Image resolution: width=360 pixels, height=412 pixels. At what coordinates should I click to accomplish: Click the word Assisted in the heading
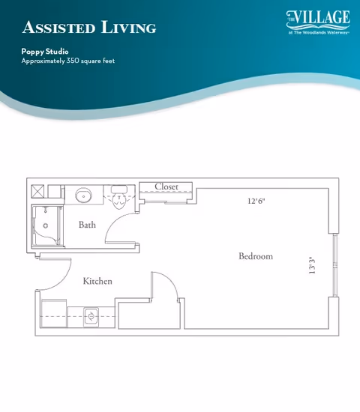pyautogui.click(x=58, y=27)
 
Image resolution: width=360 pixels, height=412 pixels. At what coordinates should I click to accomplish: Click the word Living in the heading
pyautogui.click(x=129, y=27)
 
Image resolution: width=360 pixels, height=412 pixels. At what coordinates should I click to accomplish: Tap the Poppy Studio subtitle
pyautogui.click(x=45, y=52)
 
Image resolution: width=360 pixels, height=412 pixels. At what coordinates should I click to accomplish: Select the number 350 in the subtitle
pyautogui.click(x=73, y=61)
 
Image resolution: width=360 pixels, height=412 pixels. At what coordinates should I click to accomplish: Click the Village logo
pyautogui.click(x=318, y=22)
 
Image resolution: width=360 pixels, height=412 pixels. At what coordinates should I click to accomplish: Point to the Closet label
pyautogui.click(x=166, y=187)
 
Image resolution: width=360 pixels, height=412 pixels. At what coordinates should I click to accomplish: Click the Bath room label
pyautogui.click(x=87, y=225)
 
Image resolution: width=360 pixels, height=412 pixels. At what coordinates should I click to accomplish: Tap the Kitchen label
pyautogui.click(x=97, y=281)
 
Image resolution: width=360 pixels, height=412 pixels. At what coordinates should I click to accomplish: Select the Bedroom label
pyautogui.click(x=256, y=256)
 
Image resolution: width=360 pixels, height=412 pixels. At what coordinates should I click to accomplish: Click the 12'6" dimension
pyautogui.click(x=256, y=201)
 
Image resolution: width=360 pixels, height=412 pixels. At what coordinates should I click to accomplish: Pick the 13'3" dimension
pyautogui.click(x=312, y=265)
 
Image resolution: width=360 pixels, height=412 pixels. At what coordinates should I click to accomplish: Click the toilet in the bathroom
pyautogui.click(x=119, y=197)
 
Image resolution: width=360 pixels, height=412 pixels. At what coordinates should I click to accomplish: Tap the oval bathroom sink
pyautogui.click(x=84, y=196)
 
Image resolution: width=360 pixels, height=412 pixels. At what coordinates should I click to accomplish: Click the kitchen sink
pyautogui.click(x=91, y=316)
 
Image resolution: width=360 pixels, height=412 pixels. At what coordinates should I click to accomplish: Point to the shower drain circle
pyautogui.click(x=46, y=225)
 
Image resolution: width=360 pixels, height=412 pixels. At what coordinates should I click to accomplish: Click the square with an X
pyautogui.click(x=38, y=191)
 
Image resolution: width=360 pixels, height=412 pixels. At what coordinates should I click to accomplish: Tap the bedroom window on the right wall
pyautogui.click(x=335, y=265)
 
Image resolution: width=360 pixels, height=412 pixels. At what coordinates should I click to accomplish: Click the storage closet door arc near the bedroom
pyautogui.click(x=170, y=279)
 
